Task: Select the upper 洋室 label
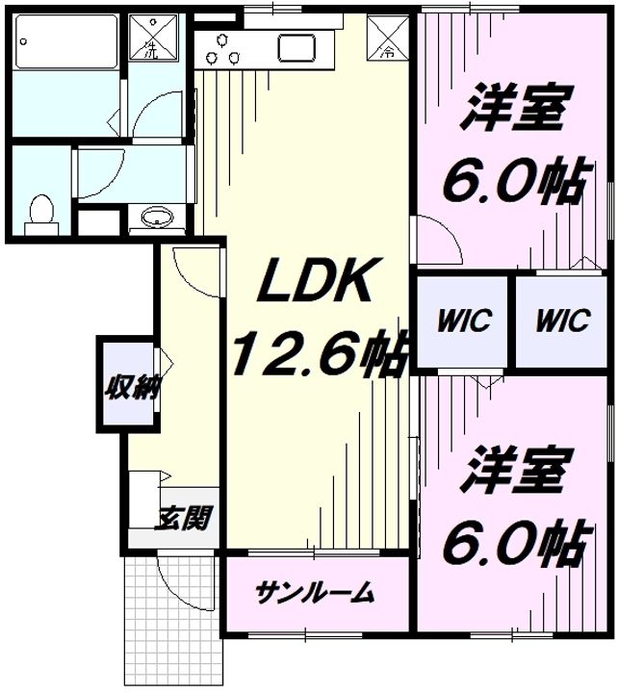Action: [515, 112]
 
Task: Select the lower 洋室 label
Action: [513, 468]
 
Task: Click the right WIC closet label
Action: [564, 321]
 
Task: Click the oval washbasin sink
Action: [154, 218]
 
